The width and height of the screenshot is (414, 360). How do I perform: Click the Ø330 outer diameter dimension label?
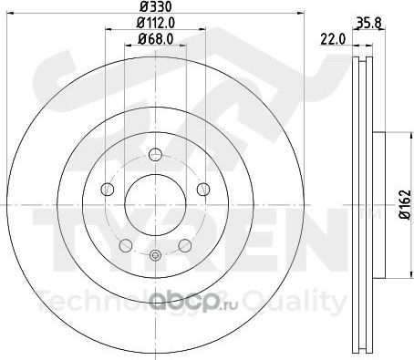(x=155, y=6)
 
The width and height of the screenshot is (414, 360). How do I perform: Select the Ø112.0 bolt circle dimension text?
(x=155, y=23)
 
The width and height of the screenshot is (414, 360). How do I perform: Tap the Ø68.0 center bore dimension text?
(x=155, y=38)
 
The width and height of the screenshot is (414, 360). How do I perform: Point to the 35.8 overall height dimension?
(x=368, y=24)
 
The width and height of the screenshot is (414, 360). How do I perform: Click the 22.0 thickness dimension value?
(x=333, y=39)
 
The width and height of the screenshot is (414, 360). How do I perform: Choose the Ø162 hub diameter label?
(x=405, y=204)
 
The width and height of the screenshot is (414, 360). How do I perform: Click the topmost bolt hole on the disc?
(x=155, y=154)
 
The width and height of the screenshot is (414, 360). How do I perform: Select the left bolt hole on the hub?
(x=108, y=190)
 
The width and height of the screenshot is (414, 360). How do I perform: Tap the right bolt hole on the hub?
(x=203, y=190)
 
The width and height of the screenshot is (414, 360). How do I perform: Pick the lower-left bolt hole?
(x=126, y=245)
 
